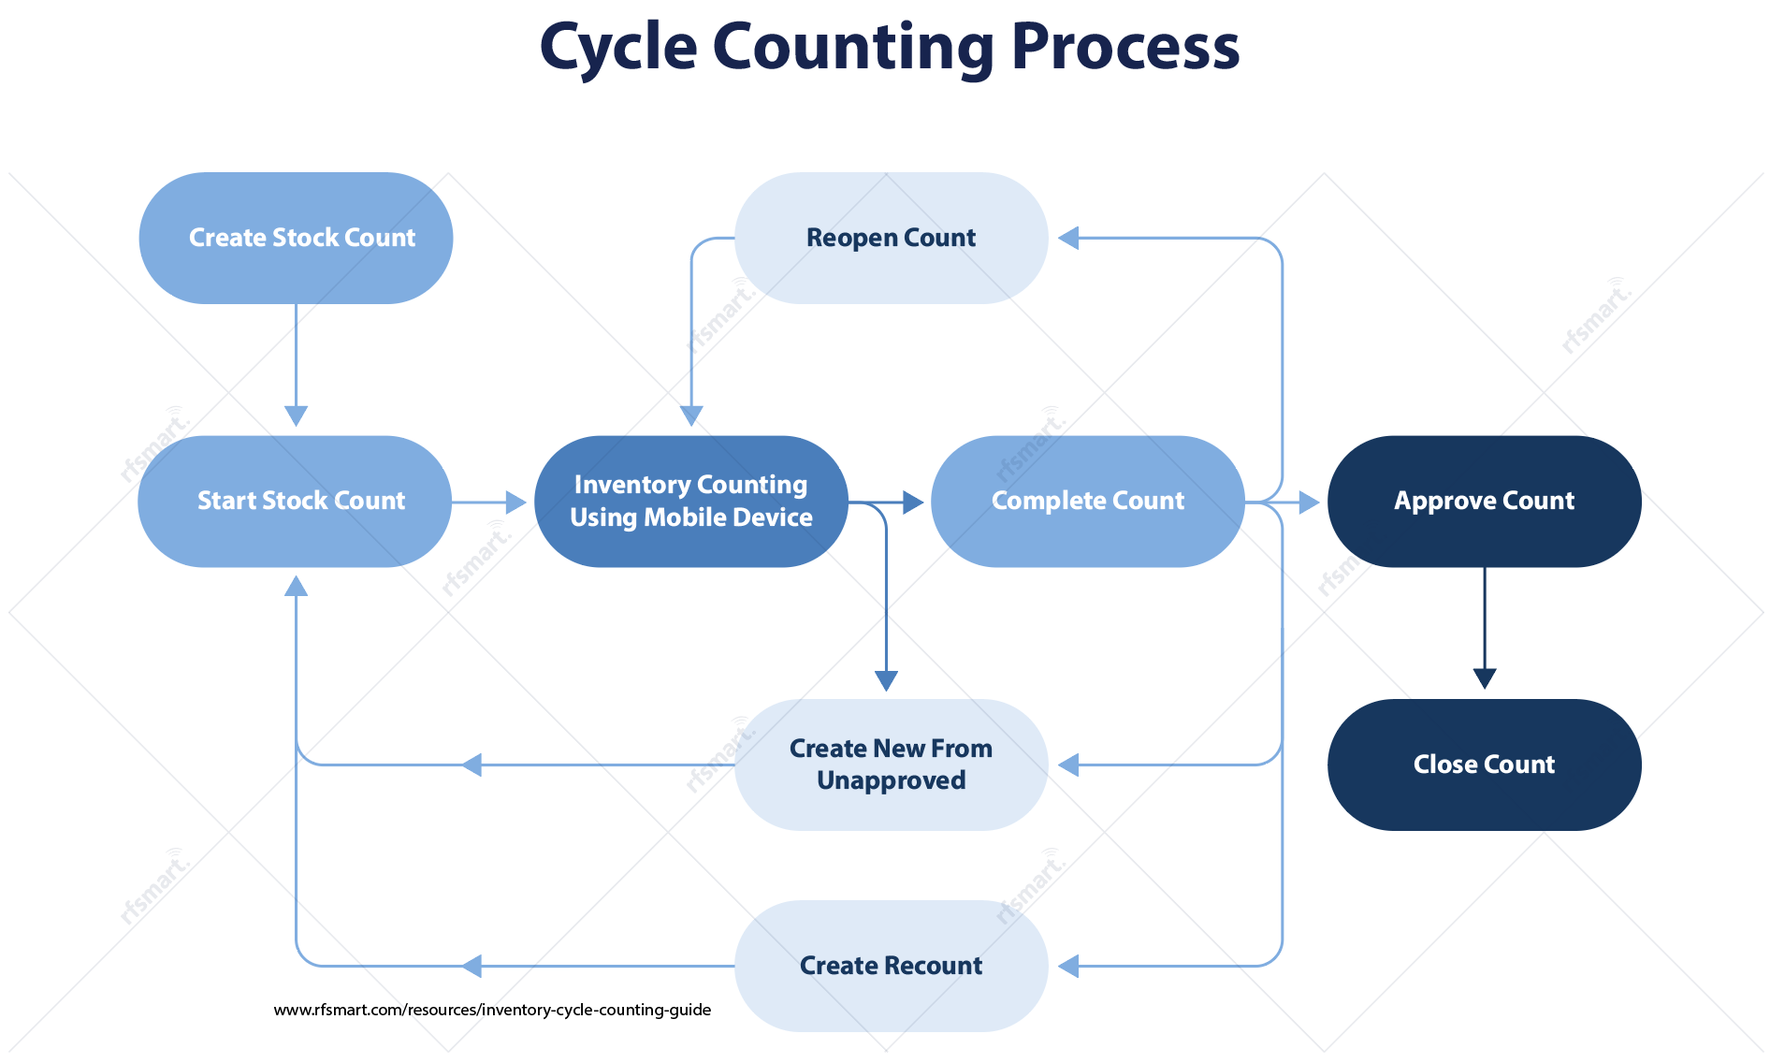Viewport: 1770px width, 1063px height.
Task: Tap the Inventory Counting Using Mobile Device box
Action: (690, 502)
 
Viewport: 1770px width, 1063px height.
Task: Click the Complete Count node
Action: (1087, 502)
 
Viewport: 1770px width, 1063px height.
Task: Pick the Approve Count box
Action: (1484, 502)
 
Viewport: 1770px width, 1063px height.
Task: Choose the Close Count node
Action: (1484, 764)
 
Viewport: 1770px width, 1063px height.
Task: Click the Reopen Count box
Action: (891, 238)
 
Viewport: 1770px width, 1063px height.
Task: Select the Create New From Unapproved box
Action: (891, 764)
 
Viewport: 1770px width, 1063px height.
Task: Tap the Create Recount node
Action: (891, 966)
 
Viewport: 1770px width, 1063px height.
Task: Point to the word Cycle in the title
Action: (618, 47)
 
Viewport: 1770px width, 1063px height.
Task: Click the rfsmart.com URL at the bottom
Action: (492, 1010)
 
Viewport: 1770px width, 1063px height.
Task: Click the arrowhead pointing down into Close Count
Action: (1485, 678)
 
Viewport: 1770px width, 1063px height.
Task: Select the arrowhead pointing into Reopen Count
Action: (1068, 239)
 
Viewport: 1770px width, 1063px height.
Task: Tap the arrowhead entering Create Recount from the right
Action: (1068, 966)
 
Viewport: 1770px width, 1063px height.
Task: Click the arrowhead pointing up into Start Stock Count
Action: (296, 586)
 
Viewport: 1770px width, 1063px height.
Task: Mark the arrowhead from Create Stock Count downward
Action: (296, 415)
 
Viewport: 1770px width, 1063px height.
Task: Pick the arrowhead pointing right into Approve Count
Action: (1309, 502)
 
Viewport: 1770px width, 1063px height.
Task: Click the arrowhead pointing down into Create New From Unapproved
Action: (886, 680)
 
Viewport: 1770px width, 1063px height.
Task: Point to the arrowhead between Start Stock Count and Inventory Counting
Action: (515, 502)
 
